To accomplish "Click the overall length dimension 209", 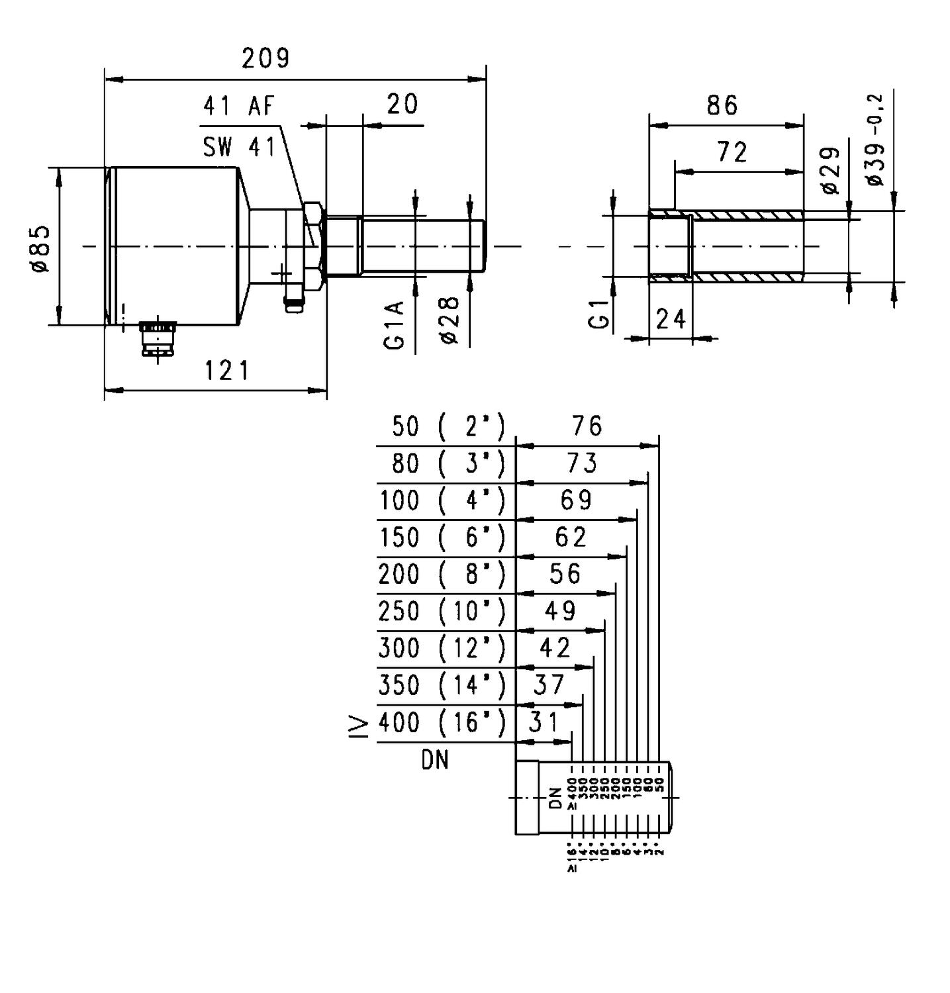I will pos(265,58).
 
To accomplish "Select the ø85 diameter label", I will pos(40,248).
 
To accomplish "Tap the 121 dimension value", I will pos(226,371).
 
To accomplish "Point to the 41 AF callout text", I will pos(238,106).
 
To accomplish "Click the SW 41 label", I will pos(239,147).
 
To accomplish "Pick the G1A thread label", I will pos(395,324).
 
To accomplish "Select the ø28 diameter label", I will pos(450,320).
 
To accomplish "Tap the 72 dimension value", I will pos(732,153).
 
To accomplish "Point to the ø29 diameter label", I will pos(830,171).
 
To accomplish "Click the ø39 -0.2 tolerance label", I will pos(875,140).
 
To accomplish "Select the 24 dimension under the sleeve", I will pos(671,320).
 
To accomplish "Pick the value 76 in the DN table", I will pos(587,426).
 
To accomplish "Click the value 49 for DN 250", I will pos(560,610).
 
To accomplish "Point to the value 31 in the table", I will pos(544,722).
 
